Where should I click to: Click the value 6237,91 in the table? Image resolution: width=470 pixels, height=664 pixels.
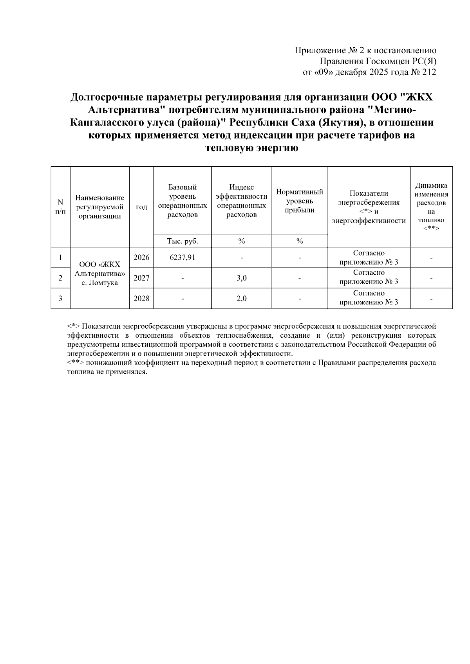click(x=183, y=257)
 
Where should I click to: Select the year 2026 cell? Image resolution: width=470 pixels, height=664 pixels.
click(x=141, y=257)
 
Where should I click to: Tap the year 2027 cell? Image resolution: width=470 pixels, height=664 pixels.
click(x=141, y=278)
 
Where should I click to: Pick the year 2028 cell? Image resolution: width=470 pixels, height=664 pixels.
click(x=141, y=299)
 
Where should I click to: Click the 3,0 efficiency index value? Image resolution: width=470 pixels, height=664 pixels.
click(x=242, y=278)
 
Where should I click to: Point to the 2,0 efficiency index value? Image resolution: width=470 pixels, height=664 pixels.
click(x=242, y=299)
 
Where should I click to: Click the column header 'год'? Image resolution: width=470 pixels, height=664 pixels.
click(x=141, y=207)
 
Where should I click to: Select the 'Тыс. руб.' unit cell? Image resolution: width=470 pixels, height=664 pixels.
click(x=183, y=241)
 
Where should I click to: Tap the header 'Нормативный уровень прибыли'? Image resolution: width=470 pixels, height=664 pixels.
click(x=300, y=201)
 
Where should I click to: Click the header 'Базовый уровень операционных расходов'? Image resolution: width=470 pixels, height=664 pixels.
click(x=183, y=201)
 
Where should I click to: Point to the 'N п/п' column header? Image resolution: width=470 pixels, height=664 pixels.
click(x=60, y=207)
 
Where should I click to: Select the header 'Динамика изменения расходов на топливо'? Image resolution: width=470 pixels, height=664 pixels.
click(x=431, y=207)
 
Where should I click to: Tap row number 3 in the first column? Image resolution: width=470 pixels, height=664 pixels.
click(x=60, y=299)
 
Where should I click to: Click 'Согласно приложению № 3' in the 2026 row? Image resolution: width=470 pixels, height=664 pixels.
click(x=369, y=257)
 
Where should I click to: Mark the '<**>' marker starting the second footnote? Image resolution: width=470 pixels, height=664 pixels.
click(x=75, y=363)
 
